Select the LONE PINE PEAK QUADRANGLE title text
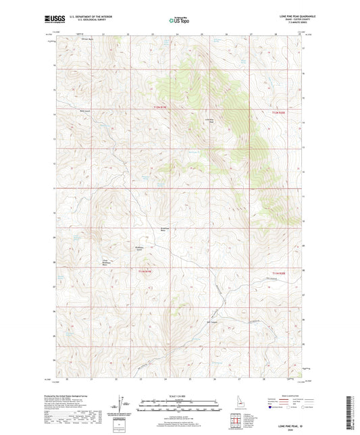coord(285,15)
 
